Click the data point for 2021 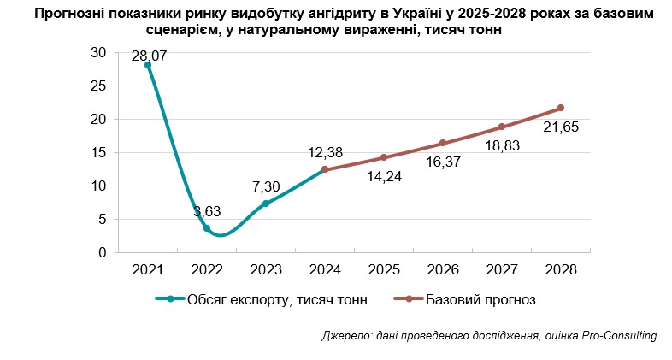[148, 65]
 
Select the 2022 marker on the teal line [207, 228]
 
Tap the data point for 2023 [266, 204]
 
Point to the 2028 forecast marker [561, 108]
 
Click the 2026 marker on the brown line [443, 143]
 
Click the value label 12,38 [325, 153]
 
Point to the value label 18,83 [502, 146]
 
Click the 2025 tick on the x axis [384, 269]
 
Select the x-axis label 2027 [502, 269]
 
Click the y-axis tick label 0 [102, 253]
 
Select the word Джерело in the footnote [347, 336]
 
